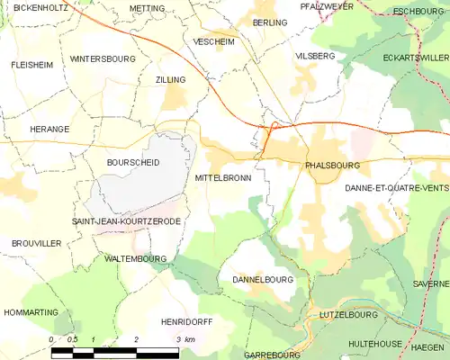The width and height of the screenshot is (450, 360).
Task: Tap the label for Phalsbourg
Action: tap(332, 166)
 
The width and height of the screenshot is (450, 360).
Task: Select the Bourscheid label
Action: tap(132, 163)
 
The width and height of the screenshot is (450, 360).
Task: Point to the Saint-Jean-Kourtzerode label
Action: tap(126, 220)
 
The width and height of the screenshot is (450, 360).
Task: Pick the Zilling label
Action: tap(170, 80)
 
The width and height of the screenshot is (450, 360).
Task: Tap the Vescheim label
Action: tap(212, 41)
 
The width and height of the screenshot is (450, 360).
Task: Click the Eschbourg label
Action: tap(420, 11)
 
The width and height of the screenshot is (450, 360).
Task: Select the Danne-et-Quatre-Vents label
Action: tap(396, 187)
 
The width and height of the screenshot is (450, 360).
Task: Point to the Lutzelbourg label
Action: tap(349, 316)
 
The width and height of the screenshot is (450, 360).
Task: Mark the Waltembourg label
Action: tap(136, 258)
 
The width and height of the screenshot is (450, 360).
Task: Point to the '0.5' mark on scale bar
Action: tap(72, 339)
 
